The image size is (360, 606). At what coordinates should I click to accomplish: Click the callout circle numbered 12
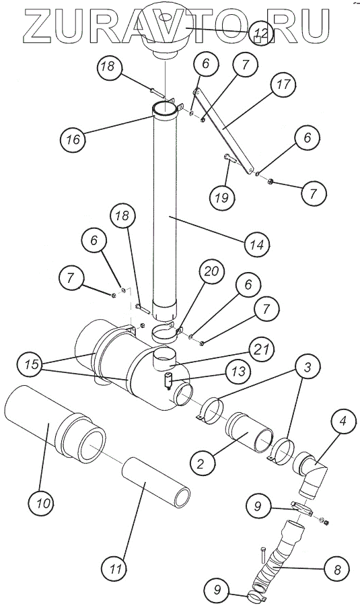click(x=260, y=33)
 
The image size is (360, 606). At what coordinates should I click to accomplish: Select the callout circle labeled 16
click(x=73, y=139)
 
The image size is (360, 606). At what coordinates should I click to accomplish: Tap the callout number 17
click(x=284, y=85)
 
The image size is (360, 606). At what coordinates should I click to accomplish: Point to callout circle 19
click(x=222, y=198)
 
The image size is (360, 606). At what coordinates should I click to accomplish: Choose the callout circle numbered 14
click(x=257, y=244)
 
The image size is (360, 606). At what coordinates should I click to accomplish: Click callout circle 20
click(x=212, y=272)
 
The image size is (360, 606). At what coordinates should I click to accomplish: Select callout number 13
click(x=239, y=372)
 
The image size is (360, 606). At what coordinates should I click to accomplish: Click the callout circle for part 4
click(x=343, y=421)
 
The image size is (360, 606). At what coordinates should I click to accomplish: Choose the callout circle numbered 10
click(x=41, y=503)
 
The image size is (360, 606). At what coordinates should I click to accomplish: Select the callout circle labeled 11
click(x=114, y=569)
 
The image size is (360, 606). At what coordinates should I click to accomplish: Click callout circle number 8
click(x=337, y=569)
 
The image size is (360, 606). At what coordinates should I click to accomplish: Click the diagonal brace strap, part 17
click(x=224, y=131)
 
